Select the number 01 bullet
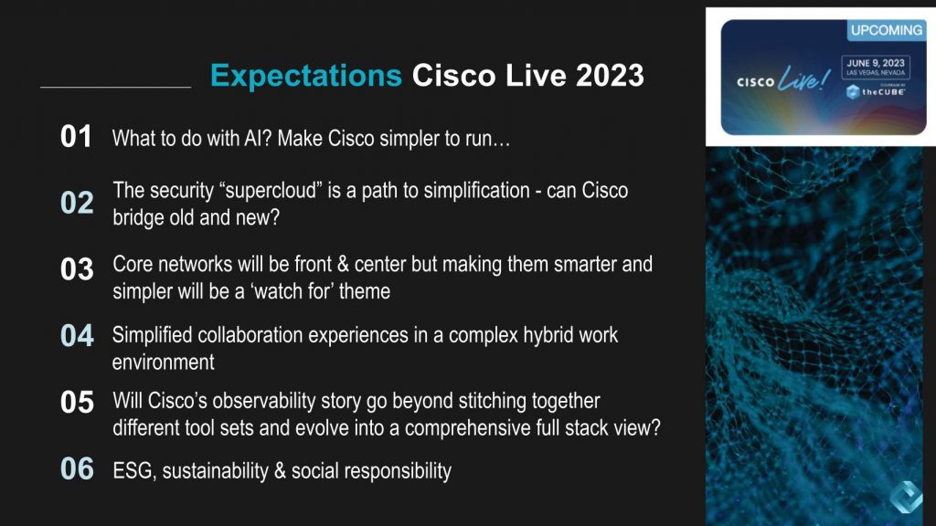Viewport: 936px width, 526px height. click(77, 138)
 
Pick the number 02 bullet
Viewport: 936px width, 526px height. click(77, 203)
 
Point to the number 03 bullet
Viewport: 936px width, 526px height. click(77, 269)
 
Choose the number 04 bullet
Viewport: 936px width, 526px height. click(77, 336)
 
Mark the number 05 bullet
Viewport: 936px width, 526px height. click(77, 403)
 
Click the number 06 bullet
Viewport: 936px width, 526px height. click(77, 469)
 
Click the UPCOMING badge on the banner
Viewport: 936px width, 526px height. click(886, 30)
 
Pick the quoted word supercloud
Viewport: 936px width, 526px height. click(310, 191)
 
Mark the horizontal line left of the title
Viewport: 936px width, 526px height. click(115, 88)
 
